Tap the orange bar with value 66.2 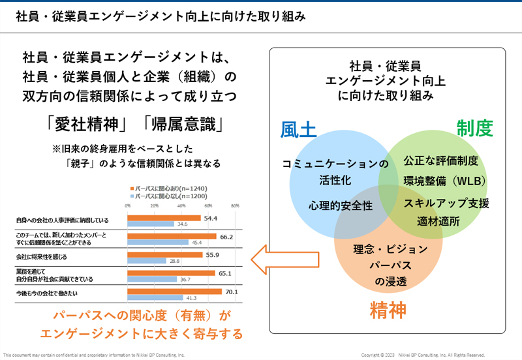tap(172, 236)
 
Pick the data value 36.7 tap(186, 279)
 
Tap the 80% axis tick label tap(236, 205)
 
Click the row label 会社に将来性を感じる tap(41, 258)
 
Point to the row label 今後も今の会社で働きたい tap(47, 294)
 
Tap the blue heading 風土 tap(298, 129)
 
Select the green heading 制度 tap(474, 128)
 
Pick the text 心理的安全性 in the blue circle tap(341, 205)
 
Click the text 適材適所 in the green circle tap(438, 221)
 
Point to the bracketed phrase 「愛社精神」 tap(85, 124)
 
